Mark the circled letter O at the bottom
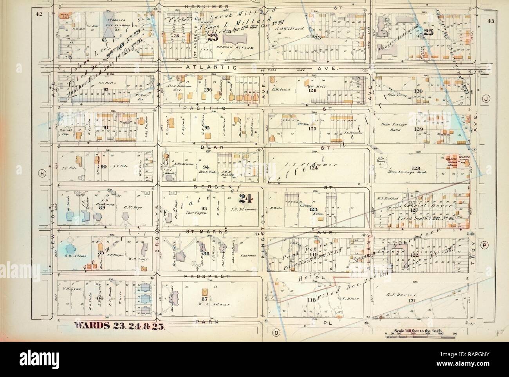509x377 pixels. pos(276,332)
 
